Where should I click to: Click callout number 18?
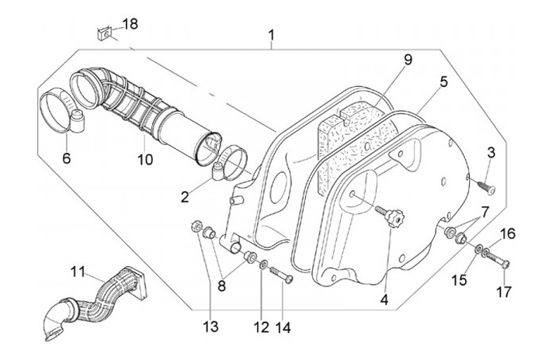(130, 24)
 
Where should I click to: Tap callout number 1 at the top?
(272, 36)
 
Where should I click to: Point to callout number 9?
(408, 60)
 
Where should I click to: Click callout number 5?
(443, 81)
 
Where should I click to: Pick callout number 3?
(491, 152)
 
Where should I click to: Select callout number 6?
(67, 158)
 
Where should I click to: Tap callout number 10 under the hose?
(145, 160)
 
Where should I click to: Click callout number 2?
(185, 197)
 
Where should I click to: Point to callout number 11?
(78, 272)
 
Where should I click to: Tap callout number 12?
(262, 327)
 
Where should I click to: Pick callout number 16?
(507, 234)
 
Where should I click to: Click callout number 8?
(222, 285)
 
